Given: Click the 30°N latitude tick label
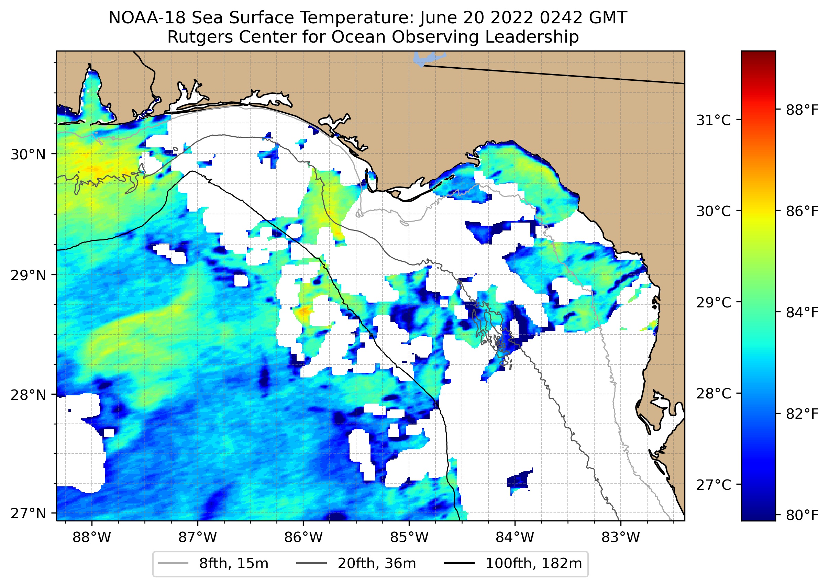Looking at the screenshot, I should tap(28, 155).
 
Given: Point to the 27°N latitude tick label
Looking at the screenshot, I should tap(28, 513).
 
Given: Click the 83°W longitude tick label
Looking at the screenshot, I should tap(621, 538).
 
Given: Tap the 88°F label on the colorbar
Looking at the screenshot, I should tap(802, 110).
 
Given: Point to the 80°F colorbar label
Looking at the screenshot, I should tap(802, 515).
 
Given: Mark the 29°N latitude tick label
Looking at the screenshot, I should tap(28, 275).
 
